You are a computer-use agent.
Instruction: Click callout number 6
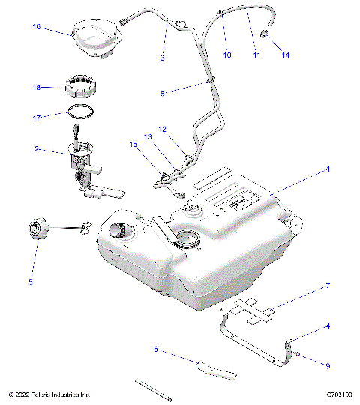pos(155,349)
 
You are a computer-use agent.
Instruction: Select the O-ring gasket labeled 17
pos(82,113)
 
